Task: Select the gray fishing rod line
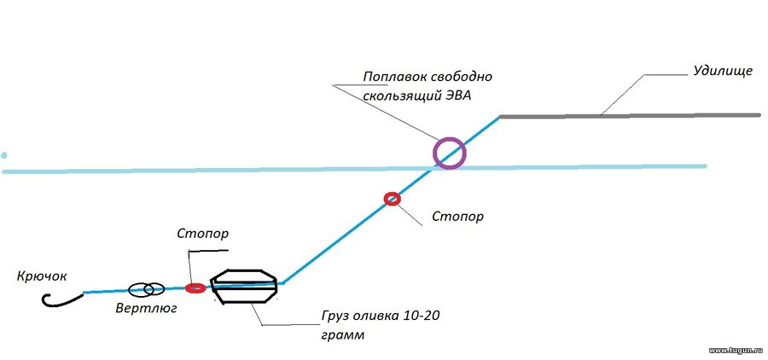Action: click(630, 115)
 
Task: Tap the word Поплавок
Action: click(395, 78)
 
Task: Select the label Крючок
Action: click(41, 276)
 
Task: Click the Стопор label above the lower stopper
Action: click(203, 234)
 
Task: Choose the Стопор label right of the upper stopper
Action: click(457, 216)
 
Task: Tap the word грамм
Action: click(343, 336)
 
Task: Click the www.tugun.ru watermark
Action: click(736, 351)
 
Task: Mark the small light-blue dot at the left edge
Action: click(4, 156)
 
